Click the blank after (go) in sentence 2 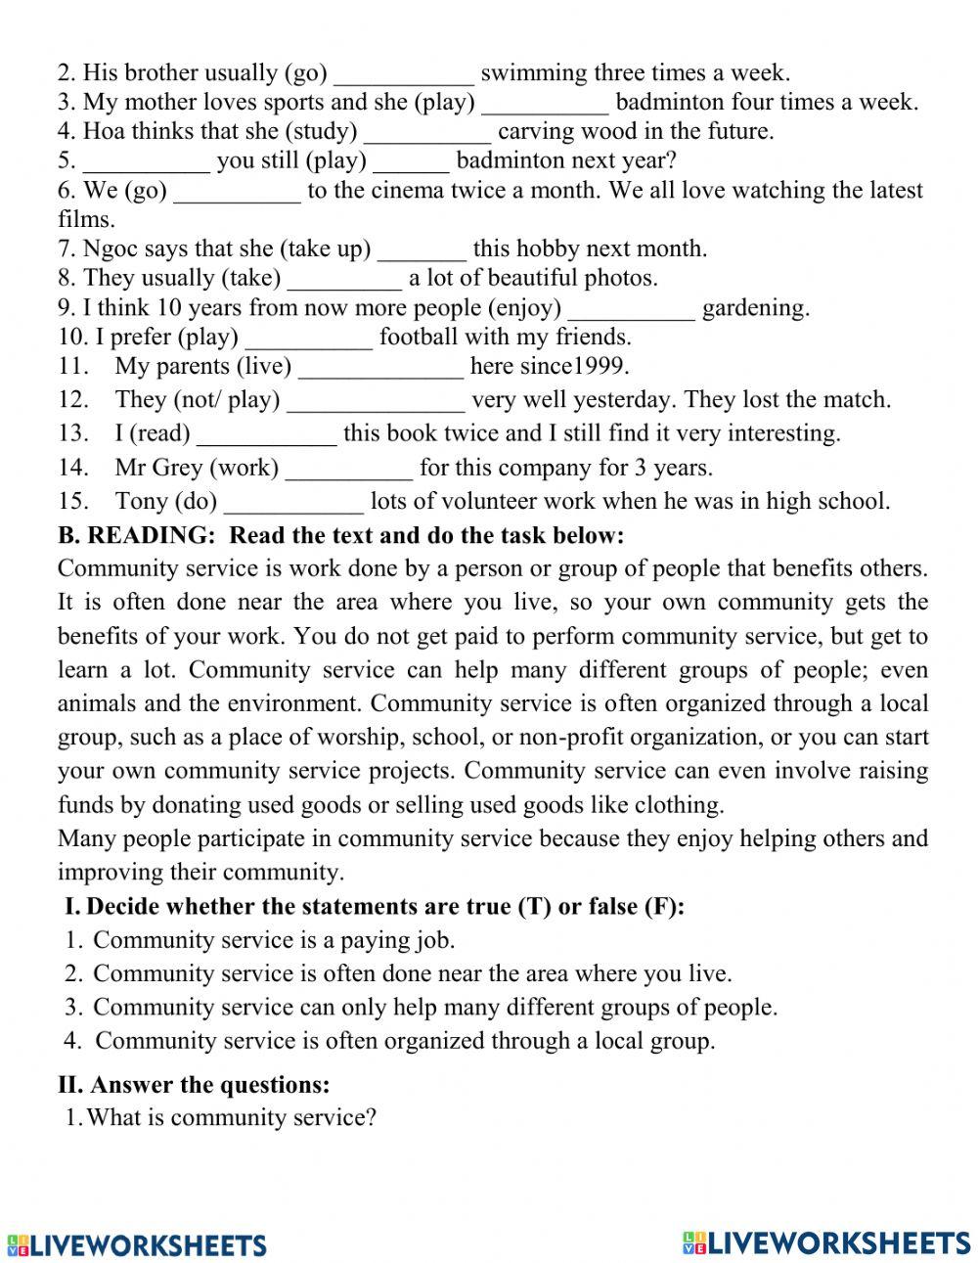[x=404, y=74]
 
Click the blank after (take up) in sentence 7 [x=422, y=250]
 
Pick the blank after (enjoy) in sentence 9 [x=632, y=310]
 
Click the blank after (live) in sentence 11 [x=380, y=369]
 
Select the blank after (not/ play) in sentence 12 [x=377, y=401]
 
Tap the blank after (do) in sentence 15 [x=293, y=503]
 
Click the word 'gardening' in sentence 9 [x=755, y=309]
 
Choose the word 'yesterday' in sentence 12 [x=624, y=400]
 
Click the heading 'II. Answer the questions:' [x=195, y=1085]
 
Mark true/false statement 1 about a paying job [x=274, y=941]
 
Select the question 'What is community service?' [x=231, y=1118]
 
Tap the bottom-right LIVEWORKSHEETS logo [x=826, y=1243]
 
